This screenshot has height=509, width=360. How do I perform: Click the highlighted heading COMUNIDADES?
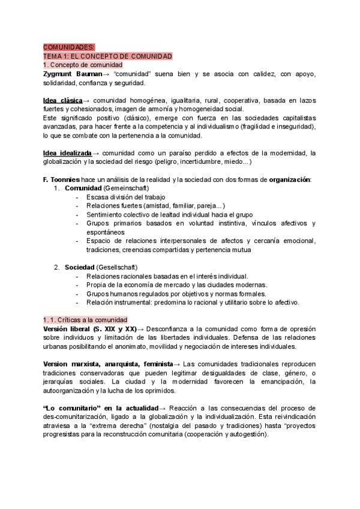[68, 47]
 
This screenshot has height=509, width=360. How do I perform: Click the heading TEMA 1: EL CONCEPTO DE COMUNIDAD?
[107, 56]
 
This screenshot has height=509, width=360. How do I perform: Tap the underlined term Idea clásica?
[62, 100]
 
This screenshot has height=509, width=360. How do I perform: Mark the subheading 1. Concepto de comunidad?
[82, 65]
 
